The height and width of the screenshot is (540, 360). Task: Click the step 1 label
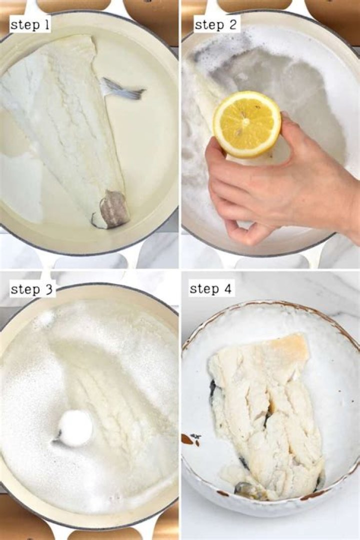(x=30, y=25)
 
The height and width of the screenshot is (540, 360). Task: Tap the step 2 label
(x=216, y=24)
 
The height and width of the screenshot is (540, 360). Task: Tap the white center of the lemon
(x=245, y=121)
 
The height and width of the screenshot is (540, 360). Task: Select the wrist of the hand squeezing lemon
(x=345, y=200)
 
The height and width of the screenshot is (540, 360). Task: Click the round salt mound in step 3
(x=75, y=428)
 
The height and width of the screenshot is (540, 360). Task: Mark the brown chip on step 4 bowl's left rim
(x=188, y=439)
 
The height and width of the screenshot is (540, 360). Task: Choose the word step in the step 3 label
(x=25, y=289)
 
